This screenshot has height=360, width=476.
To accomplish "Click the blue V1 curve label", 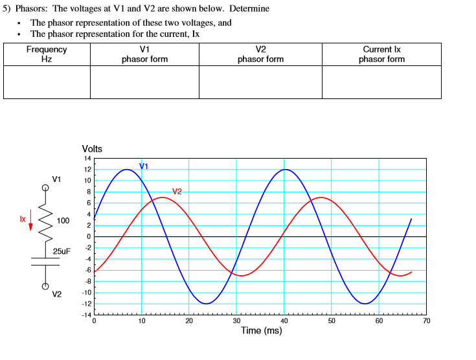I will point(144,166).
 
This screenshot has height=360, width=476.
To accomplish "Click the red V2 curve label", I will point(177,191).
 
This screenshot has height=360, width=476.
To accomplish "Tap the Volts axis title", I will point(93,149).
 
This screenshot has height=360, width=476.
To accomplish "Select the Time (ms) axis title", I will point(261,331).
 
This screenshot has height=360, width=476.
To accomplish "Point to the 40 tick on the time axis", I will point(284,320).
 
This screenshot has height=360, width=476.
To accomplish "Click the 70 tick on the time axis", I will point(425,320).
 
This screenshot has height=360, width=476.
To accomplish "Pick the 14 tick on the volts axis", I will point(87,159).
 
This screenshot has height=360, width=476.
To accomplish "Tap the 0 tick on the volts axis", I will point(89,236).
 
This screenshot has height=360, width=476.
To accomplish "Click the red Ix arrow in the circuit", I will point(30,222).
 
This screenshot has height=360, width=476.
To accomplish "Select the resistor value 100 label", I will point(63,221).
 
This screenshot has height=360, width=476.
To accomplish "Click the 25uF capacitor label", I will point(62,251).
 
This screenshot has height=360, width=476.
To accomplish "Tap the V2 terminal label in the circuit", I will point(57,295).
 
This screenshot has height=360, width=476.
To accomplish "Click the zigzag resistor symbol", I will point(45,220).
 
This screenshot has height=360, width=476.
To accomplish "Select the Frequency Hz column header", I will point(47,54).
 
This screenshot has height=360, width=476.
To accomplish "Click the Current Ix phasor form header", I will point(381,54).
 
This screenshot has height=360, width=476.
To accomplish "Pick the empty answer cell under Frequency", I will point(47,82).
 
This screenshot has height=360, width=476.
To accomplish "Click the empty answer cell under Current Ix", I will point(381,82).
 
